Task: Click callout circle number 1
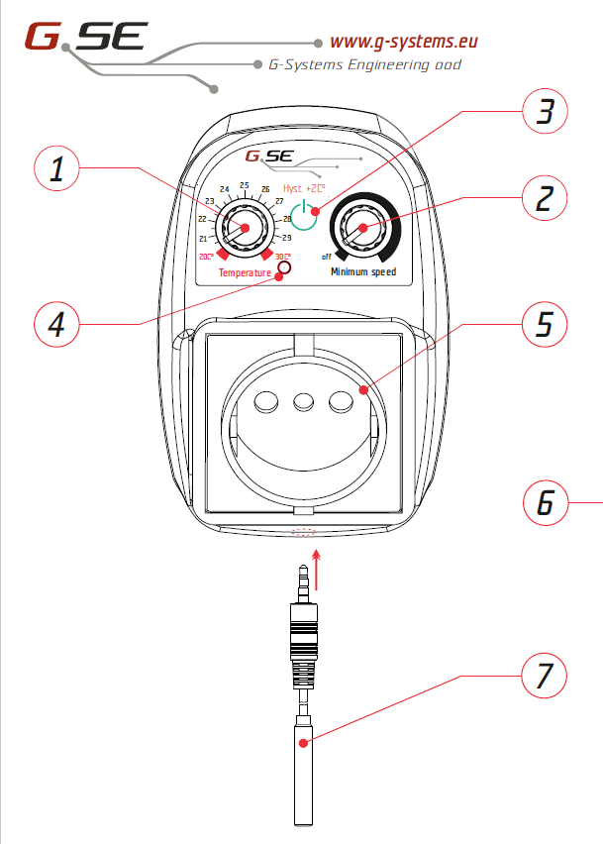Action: [x=61, y=170]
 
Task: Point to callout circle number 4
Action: [x=60, y=323]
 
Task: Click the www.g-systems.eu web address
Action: [x=404, y=42]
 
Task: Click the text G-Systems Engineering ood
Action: [x=364, y=64]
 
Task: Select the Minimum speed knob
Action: [x=363, y=230]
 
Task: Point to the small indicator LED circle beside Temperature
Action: [x=285, y=267]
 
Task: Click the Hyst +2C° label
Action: [x=304, y=188]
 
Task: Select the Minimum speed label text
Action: [x=363, y=271]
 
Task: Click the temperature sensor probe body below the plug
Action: [x=303, y=773]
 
